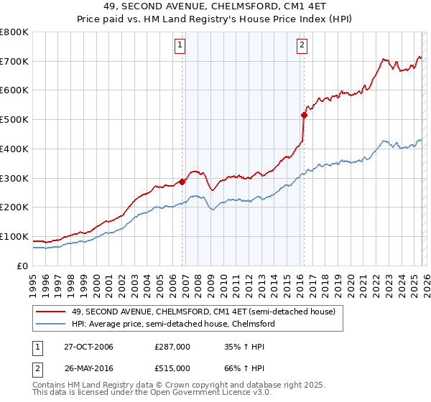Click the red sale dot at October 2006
click(182, 182)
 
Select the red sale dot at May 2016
click(304, 115)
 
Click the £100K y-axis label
click(14, 236)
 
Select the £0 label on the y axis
click(23, 266)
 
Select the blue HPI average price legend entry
click(173, 324)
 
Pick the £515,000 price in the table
click(172, 368)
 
